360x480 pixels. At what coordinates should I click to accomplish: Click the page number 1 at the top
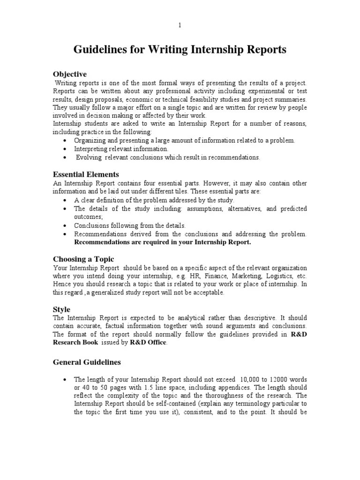click(x=180, y=25)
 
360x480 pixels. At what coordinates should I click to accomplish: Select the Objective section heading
click(x=70, y=74)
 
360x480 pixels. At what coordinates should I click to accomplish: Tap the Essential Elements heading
click(x=86, y=174)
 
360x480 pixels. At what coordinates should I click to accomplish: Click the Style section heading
click(x=61, y=309)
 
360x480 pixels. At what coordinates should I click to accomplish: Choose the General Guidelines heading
click(x=87, y=362)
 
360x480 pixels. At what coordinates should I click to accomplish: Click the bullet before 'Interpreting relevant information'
click(x=65, y=149)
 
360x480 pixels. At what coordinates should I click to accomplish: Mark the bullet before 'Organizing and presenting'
click(x=65, y=141)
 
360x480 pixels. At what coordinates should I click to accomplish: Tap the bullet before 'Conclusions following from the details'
click(x=65, y=225)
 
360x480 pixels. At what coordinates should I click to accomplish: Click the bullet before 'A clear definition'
click(x=65, y=200)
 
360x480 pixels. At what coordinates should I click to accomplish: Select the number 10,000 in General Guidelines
click(x=251, y=379)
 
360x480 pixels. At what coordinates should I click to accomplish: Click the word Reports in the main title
click(x=263, y=50)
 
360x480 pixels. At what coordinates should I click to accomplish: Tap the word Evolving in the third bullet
click(x=89, y=157)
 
